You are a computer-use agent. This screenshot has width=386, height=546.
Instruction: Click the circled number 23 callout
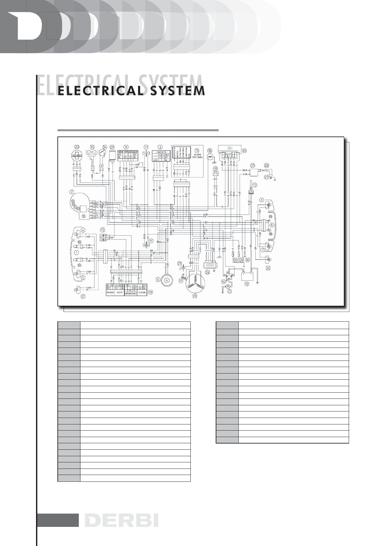77,147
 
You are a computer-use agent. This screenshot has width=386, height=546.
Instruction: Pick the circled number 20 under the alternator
195,296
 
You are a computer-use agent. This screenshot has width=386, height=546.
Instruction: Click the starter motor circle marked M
227,287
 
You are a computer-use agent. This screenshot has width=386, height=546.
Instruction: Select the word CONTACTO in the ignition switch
161,152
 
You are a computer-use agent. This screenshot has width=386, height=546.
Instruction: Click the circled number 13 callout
255,185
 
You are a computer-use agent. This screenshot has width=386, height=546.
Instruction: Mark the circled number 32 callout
268,268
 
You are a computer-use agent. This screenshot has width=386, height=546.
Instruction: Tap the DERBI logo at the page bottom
122,521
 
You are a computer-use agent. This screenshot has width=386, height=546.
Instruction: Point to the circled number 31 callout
83,296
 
